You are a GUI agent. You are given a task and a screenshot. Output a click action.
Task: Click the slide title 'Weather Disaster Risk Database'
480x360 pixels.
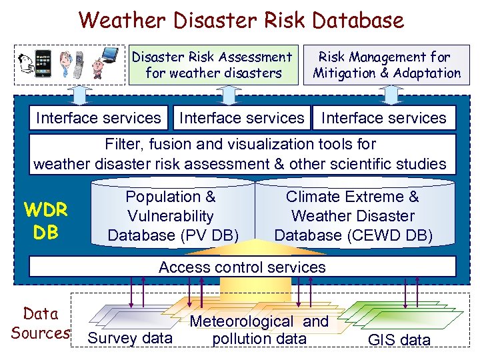coord(241,19)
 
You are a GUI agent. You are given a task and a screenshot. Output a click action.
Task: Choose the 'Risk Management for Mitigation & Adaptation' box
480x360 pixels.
coord(387,65)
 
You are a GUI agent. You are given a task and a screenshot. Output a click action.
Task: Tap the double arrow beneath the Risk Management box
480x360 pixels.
coord(387,95)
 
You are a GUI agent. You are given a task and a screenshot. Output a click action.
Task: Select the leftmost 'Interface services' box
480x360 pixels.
coord(99,119)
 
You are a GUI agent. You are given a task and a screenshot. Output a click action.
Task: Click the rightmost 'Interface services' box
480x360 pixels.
coord(384,119)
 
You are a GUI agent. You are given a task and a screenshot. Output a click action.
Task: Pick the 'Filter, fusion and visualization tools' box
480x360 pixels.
coord(241,154)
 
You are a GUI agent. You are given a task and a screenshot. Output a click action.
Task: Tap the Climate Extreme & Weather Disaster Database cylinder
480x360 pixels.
coord(353,216)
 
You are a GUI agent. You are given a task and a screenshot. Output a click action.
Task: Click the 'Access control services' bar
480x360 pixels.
coord(242,267)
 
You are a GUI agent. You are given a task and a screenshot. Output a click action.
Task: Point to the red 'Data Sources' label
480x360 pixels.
coord(40,323)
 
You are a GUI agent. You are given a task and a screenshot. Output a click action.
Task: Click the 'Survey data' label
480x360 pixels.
coord(130,339)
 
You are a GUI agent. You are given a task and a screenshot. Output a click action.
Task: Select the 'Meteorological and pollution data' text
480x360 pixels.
coord(259,330)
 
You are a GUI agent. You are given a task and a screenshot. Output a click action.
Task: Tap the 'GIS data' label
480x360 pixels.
coord(399,340)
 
